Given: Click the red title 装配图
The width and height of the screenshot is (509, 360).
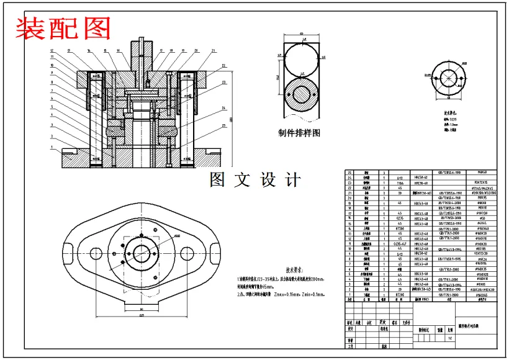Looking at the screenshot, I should pyautogui.click(x=63, y=29).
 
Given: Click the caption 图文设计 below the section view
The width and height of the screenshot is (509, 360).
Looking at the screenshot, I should pyautogui.click(x=256, y=181).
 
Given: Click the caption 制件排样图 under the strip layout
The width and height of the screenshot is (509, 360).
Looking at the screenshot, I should pyautogui.click(x=300, y=133).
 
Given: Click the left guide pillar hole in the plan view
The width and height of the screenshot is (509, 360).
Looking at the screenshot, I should pyautogui.click(x=96, y=254).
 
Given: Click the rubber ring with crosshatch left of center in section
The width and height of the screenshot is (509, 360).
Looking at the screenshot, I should pyautogui.click(x=115, y=131).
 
